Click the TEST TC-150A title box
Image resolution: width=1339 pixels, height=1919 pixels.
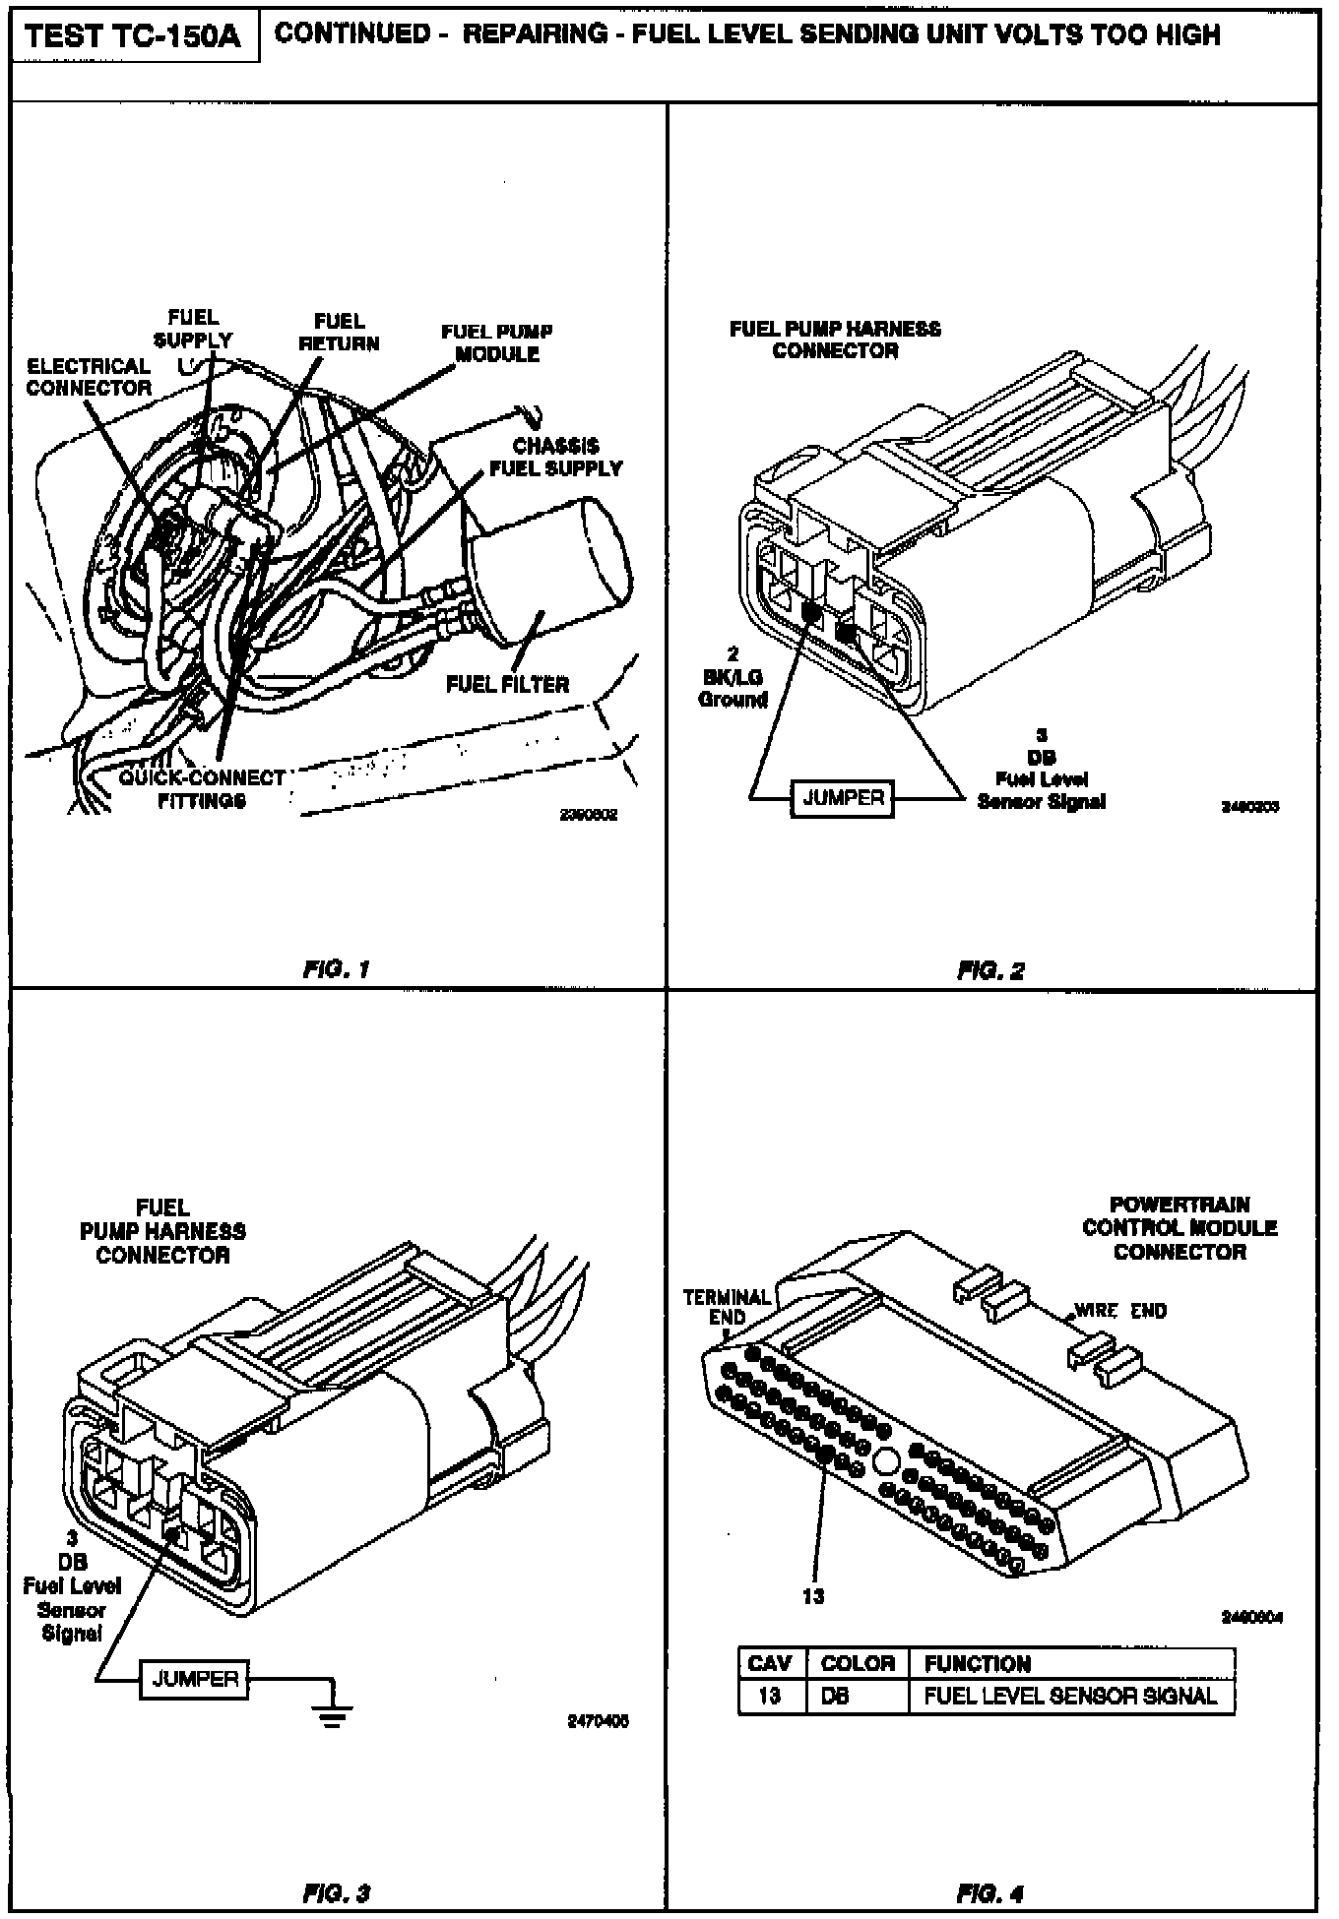pyautogui.click(x=134, y=36)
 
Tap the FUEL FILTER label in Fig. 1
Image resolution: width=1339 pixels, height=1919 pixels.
pyautogui.click(x=507, y=684)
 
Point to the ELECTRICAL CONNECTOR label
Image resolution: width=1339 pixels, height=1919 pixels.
pyautogui.click(x=89, y=377)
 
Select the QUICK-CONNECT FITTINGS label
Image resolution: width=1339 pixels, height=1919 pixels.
pyautogui.click(x=202, y=789)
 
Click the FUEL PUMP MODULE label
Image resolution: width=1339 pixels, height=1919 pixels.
pyautogui.click(x=497, y=343)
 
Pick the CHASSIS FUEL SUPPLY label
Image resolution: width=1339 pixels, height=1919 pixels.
pyautogui.click(x=556, y=458)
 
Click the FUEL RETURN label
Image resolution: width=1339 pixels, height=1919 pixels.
pyautogui.click(x=339, y=333)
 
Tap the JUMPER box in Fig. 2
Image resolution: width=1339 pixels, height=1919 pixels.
pyautogui.click(x=844, y=798)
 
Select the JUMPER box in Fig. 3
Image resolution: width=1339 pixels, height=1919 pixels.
pyautogui.click(x=195, y=1679)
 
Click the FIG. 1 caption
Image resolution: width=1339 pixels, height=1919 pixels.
pyautogui.click(x=336, y=969)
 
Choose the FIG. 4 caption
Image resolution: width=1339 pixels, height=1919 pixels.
pyautogui.click(x=990, y=1892)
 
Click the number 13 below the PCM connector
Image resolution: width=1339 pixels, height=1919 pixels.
pyautogui.click(x=813, y=1596)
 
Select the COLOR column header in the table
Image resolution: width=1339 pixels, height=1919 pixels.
pyautogui.click(x=857, y=1664)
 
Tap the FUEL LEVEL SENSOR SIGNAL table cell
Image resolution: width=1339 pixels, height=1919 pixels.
pyautogui.click(x=1070, y=1696)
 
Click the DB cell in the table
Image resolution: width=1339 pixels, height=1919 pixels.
pyautogui.click(x=835, y=1696)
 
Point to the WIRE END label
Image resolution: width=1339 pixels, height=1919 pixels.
pyautogui.click(x=1120, y=1311)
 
